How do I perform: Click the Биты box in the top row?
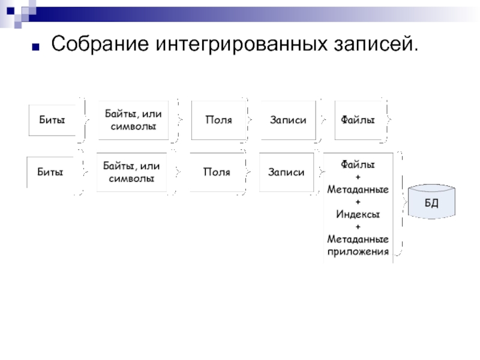(52, 120)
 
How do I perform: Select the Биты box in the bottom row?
(50, 172)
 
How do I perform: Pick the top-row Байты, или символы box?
(133, 120)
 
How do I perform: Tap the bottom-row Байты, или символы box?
(131, 172)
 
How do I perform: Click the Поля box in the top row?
(218, 120)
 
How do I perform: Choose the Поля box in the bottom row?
(216, 172)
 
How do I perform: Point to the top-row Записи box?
(288, 120)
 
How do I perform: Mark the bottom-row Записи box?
(286, 172)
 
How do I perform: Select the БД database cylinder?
(431, 202)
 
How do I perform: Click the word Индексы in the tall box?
(358, 214)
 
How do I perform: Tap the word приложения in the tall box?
(358, 251)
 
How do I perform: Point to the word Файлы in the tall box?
(358, 163)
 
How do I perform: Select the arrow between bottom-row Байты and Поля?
(178, 172)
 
